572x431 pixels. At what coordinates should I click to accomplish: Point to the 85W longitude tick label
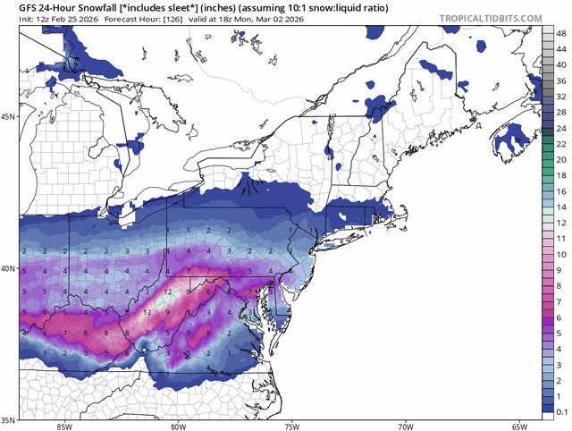(x=63, y=426)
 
